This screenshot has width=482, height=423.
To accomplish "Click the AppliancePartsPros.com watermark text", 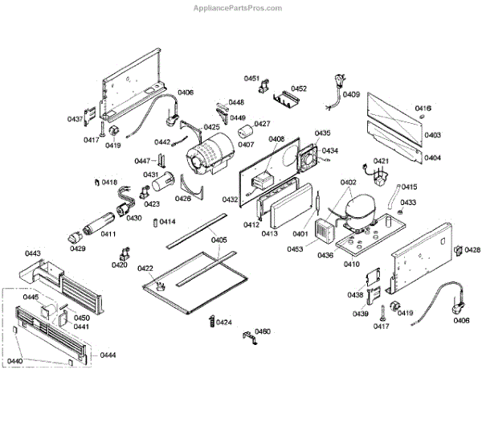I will click(239, 8).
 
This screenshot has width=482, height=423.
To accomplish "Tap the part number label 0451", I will click(251, 79).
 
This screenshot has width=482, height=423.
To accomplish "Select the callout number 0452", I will click(299, 88).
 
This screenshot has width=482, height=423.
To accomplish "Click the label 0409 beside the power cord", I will click(351, 95).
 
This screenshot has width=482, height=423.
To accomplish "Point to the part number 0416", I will click(423, 108).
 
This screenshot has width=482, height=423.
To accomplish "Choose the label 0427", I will click(262, 124).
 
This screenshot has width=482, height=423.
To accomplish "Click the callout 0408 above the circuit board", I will click(276, 139).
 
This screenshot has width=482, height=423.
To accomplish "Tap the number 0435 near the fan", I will click(322, 133).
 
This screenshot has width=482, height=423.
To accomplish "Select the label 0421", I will click(381, 162).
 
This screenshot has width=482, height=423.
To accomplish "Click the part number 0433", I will click(408, 203).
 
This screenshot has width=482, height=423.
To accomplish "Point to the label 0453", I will click(294, 248).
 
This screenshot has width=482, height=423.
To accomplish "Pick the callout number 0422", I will click(145, 268).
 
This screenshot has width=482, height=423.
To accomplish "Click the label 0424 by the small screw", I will click(224, 322).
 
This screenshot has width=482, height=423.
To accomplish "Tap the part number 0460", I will click(262, 331).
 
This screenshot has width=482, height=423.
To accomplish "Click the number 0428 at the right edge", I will click(472, 250).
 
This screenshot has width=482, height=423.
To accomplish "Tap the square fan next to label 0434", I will click(308, 159).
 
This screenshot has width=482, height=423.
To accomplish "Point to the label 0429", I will click(77, 248).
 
